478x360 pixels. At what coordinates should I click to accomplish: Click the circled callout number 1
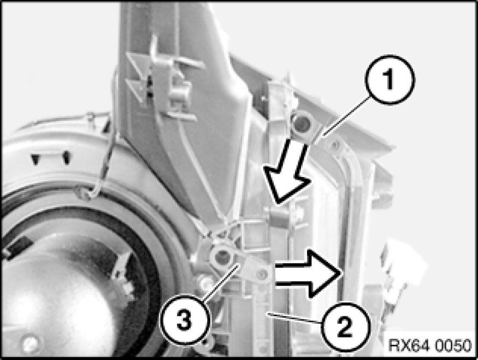point(390,80)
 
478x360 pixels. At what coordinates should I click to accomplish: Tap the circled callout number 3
point(185,320)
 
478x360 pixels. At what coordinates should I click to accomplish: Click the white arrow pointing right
point(308,274)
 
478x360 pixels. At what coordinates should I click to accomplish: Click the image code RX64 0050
point(430,345)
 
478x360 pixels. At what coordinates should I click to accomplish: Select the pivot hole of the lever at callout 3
point(222,257)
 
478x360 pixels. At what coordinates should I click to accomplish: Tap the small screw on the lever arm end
point(261,275)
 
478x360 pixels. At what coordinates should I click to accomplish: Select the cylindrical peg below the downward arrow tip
point(277,217)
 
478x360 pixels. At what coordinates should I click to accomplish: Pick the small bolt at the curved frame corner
point(335,144)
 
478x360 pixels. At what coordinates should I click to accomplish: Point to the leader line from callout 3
point(220,283)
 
